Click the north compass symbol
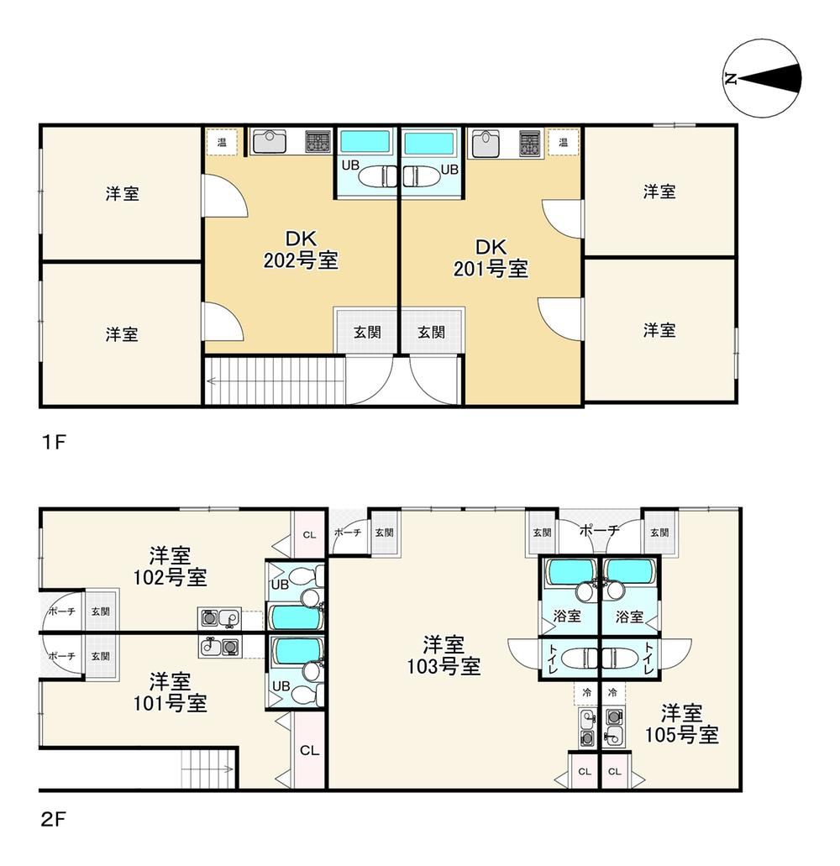tap(762, 78)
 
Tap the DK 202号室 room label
tap(301, 249)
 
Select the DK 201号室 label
tap(491, 258)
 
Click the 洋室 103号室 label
tap(444, 655)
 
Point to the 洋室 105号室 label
tap(682, 724)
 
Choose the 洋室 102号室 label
tap(170, 566)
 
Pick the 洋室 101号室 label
tap(170, 692)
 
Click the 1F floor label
tap(54, 442)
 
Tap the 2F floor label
tap(54, 819)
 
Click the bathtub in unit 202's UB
tap(365, 142)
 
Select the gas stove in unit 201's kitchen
tap(530, 144)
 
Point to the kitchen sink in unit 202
tap(270, 141)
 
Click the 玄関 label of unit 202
tap(367, 332)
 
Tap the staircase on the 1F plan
tap(275, 381)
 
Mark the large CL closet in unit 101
tap(309, 750)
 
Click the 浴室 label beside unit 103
tap(567, 616)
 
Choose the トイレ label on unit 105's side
tap(648, 658)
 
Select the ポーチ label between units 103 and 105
tap(599, 531)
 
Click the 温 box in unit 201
tap(564, 143)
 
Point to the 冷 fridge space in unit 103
tap(586, 693)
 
